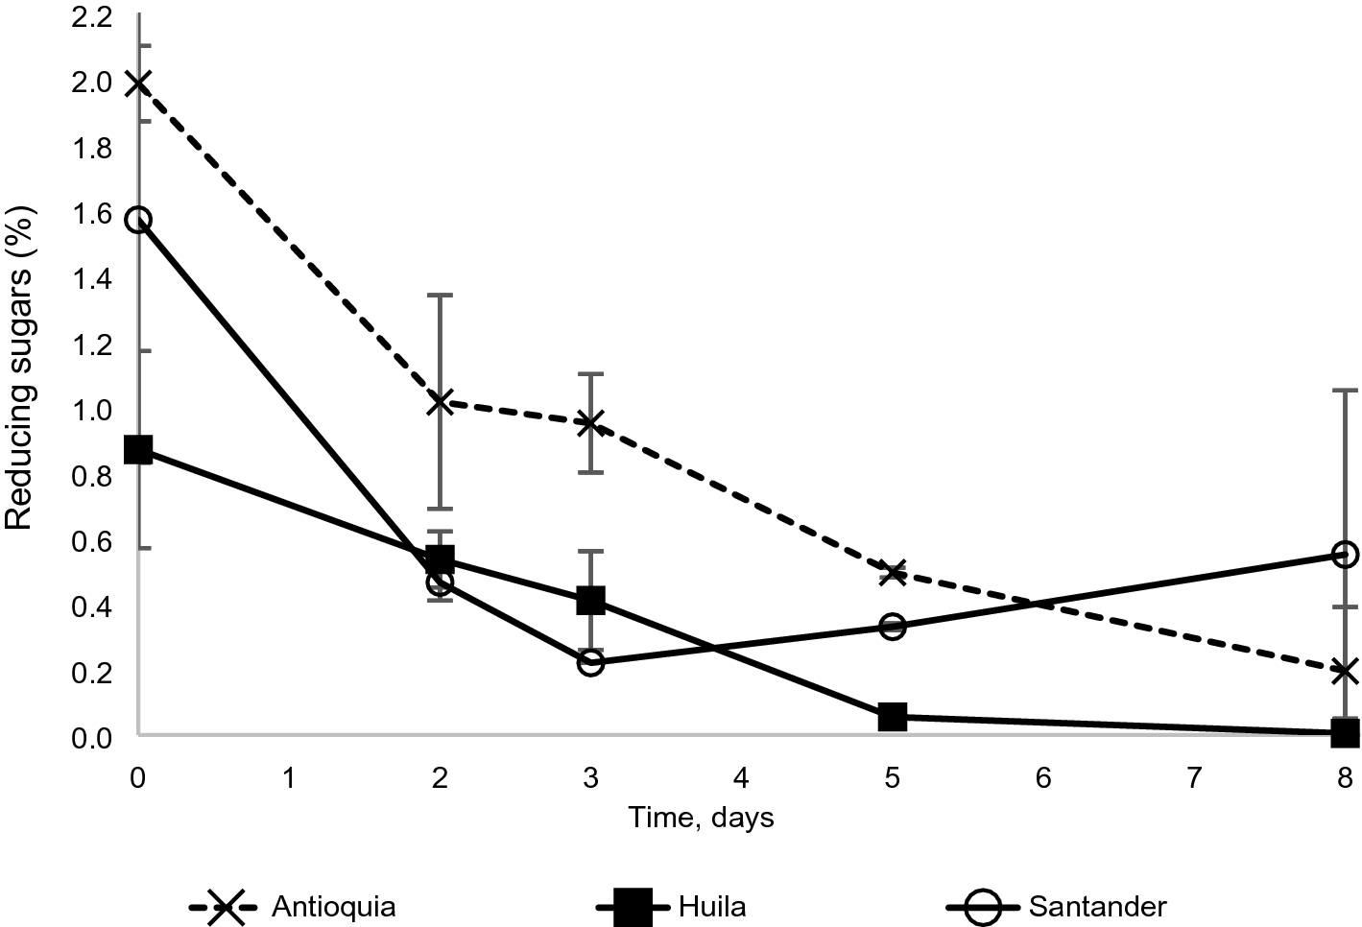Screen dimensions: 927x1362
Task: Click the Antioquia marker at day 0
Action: tap(138, 83)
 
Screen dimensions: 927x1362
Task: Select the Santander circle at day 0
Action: tap(138, 220)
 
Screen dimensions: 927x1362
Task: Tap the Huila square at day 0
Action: tap(138, 449)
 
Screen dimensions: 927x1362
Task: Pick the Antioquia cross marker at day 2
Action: tap(441, 401)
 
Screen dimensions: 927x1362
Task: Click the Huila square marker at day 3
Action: tap(590, 601)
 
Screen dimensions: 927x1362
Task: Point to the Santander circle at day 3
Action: tap(590, 662)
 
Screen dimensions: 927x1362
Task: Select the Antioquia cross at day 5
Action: tap(893, 573)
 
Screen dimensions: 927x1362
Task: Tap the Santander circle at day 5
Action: tap(893, 627)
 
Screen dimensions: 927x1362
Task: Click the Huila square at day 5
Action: tap(893, 716)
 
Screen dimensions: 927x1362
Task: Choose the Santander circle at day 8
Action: tap(1346, 555)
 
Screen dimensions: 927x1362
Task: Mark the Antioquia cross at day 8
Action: tap(1346, 671)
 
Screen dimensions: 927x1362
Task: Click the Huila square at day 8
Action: tap(1346, 733)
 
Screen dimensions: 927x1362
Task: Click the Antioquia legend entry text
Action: tap(333, 906)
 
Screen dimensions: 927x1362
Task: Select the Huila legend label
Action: tap(711, 906)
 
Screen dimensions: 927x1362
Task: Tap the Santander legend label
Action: tap(1097, 906)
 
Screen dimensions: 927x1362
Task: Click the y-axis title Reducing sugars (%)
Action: tap(21, 368)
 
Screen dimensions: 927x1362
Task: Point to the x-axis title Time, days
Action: tap(701, 818)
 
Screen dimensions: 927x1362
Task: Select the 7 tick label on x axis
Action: tap(1194, 777)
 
